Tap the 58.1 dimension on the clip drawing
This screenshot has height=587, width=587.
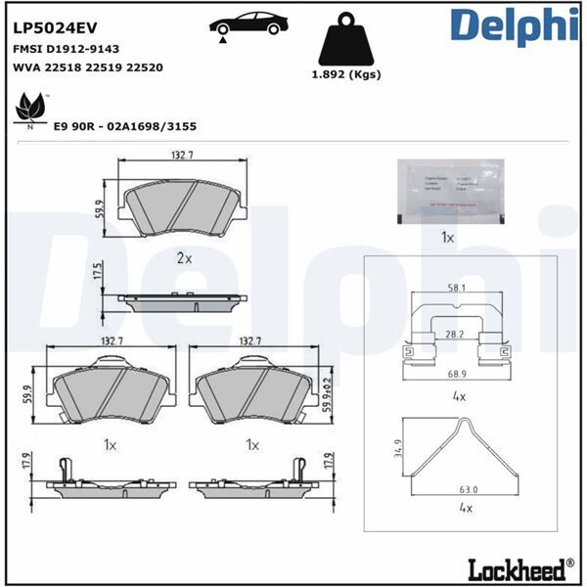tap(456, 289)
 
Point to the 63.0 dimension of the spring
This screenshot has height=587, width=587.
tap(468, 489)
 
